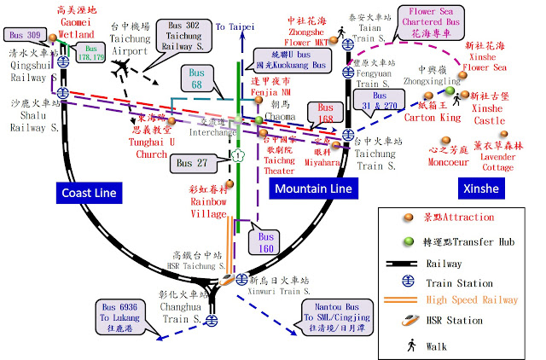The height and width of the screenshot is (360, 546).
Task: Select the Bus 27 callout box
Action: tap(193, 162)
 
